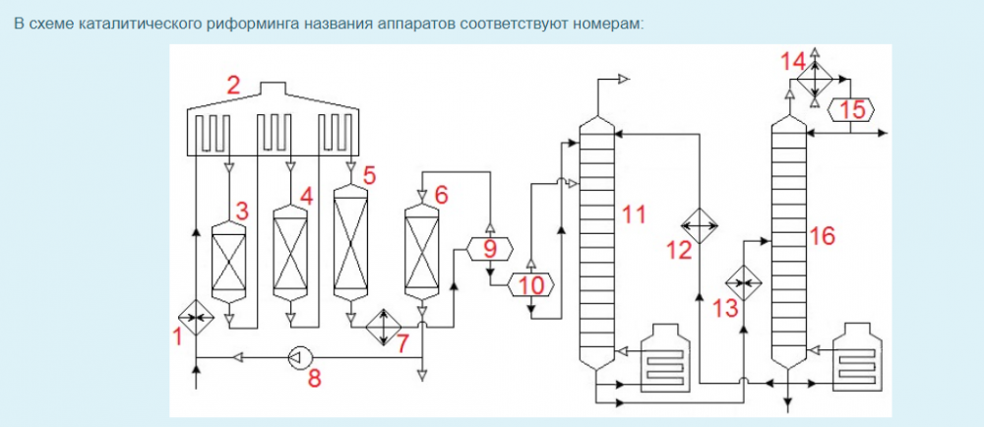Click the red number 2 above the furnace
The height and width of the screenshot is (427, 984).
pos(233,86)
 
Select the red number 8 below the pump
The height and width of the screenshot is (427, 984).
pos(315,378)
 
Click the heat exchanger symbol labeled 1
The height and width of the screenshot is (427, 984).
pos(196,317)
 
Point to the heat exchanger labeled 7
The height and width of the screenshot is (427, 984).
pos(382,324)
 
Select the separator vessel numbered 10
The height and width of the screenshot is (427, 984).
pos(531,285)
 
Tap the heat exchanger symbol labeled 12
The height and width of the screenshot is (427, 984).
pos(700,225)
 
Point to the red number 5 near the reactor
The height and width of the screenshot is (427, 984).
pos(369,175)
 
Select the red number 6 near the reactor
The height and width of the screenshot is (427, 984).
pos(441,194)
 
